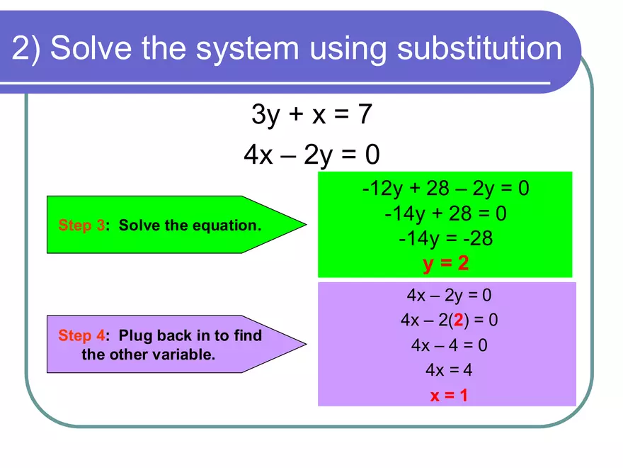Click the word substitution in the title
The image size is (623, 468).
(479, 48)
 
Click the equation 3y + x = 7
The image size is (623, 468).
(311, 114)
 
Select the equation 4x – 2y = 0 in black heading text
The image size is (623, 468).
(311, 155)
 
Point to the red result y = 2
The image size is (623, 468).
(446, 264)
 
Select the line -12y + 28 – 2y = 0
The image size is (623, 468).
(446, 189)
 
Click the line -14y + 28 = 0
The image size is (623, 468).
(446, 213)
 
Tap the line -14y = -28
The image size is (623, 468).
(446, 238)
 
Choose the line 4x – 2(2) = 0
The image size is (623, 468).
(449, 320)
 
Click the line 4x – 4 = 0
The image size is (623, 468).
(449, 345)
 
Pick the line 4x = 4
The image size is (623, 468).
(449, 370)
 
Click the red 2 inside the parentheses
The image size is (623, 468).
(459, 320)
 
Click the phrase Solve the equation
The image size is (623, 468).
(190, 225)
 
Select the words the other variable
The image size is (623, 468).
(148, 355)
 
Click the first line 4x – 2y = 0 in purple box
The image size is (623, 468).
(449, 295)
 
